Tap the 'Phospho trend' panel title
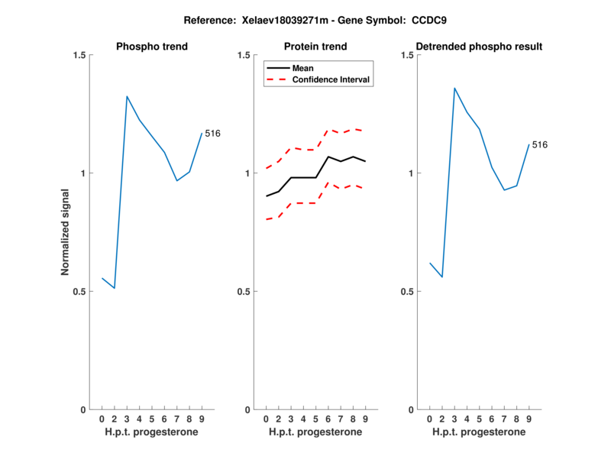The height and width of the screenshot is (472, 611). tap(151, 47)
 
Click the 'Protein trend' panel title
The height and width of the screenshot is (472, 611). tap(315, 47)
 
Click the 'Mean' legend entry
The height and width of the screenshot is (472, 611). tap(303, 68)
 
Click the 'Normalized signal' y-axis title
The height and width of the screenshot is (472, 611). tap(66, 232)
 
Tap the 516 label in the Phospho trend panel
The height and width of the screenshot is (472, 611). tap(212, 134)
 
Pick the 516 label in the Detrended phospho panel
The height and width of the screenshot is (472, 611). tap(540, 144)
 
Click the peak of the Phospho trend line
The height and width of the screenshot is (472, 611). tap(127, 96)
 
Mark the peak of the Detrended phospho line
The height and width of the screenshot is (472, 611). tap(454, 88)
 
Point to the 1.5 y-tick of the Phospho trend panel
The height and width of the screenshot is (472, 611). tap(78, 55)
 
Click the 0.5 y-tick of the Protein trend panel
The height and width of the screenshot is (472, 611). tap(242, 292)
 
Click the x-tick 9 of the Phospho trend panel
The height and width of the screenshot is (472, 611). tap(201, 419)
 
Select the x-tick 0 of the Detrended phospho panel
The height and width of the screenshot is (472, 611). tap(430, 419)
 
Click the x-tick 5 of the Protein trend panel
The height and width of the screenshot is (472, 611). tap(315, 419)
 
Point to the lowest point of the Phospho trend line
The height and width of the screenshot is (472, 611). tap(114, 288)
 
